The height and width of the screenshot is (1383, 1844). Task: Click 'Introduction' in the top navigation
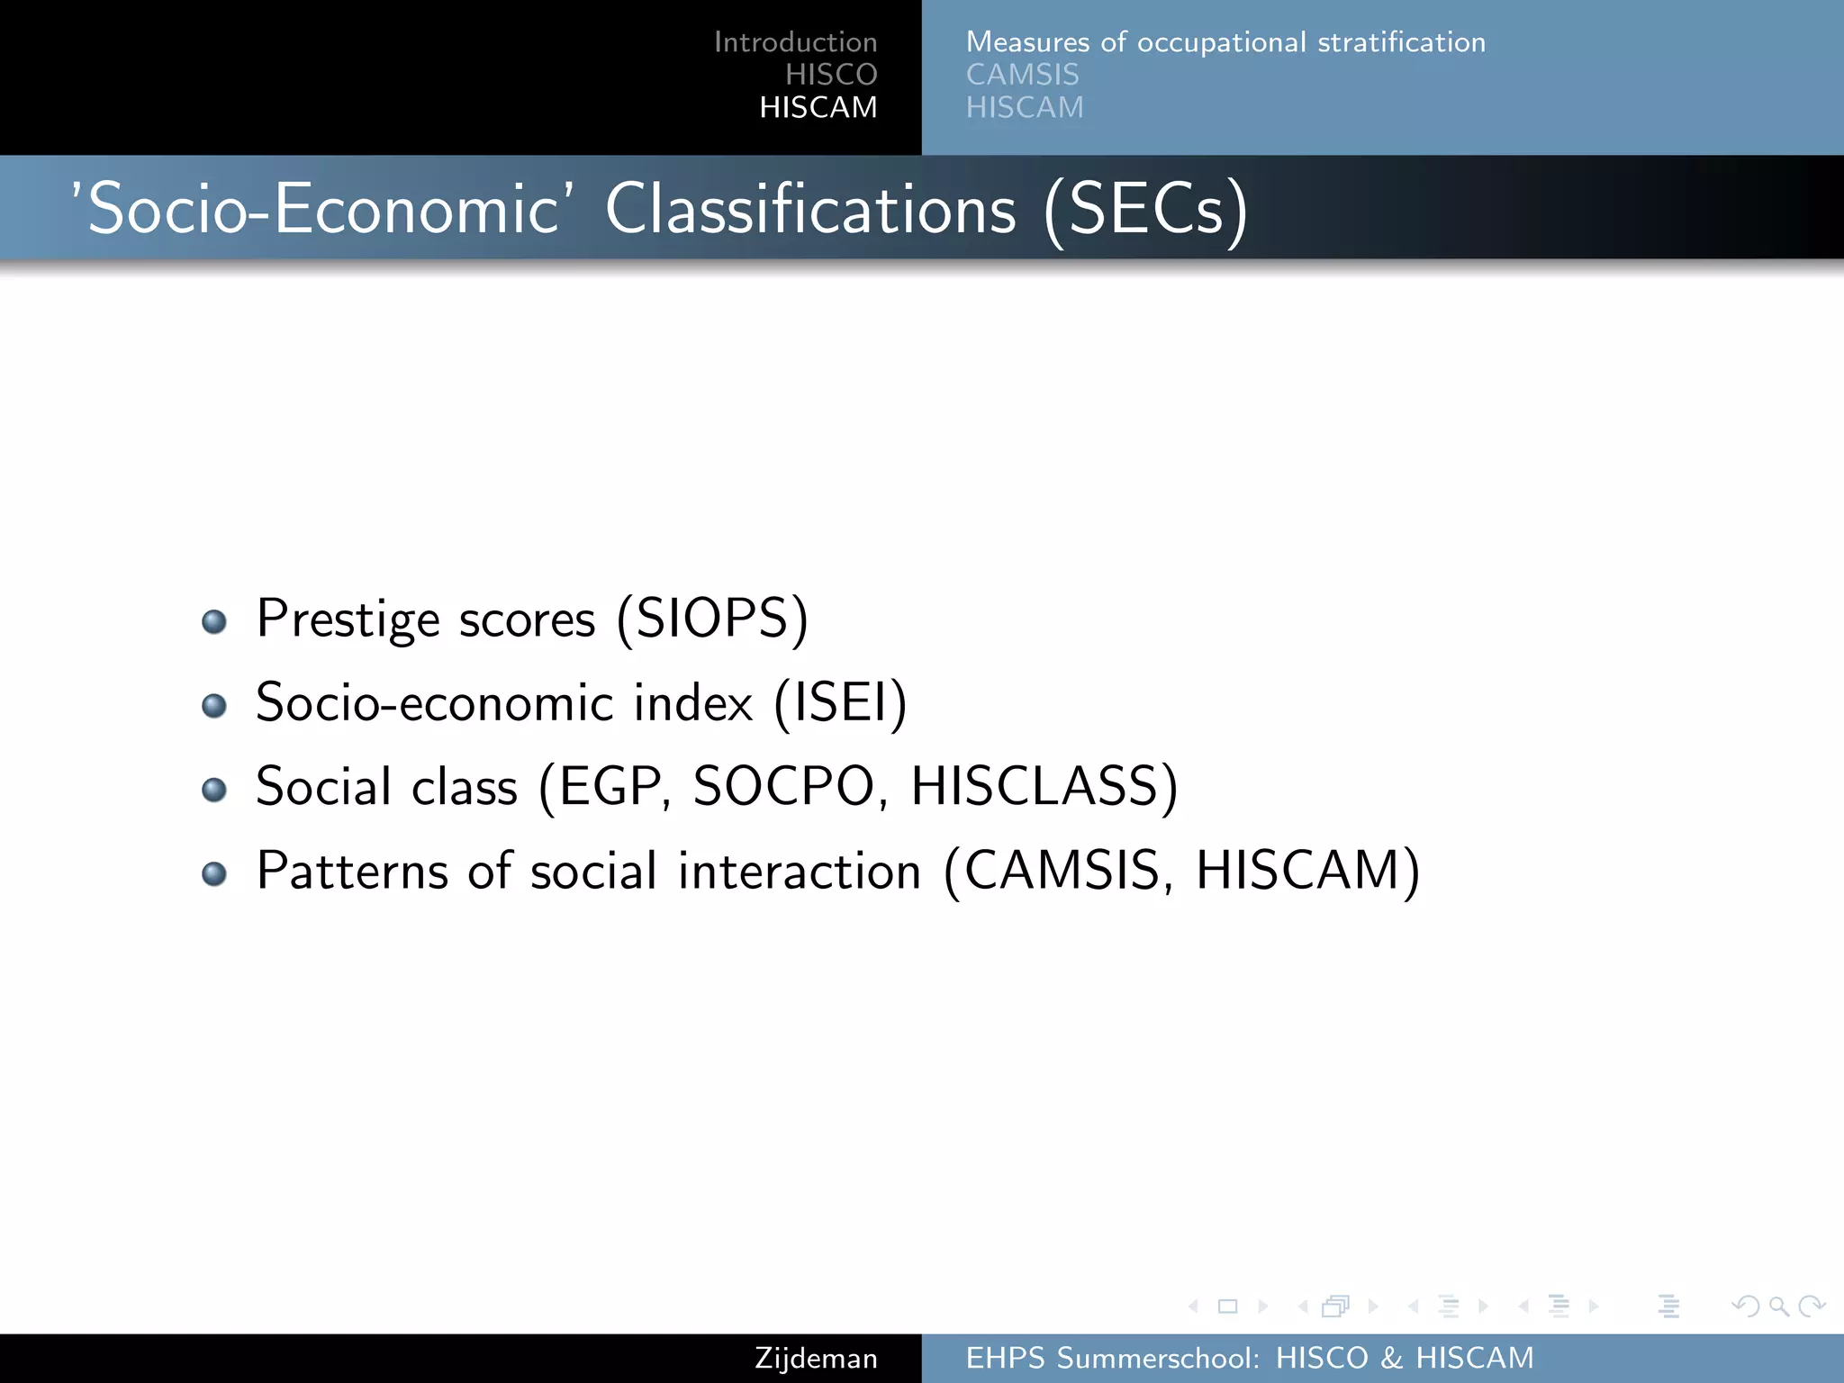point(795,42)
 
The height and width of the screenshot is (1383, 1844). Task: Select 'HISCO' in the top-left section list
point(830,75)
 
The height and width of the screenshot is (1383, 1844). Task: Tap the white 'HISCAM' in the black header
point(818,107)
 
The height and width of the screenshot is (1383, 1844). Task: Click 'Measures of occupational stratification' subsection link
point(1225,42)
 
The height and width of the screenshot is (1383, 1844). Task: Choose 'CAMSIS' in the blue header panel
point(1022,75)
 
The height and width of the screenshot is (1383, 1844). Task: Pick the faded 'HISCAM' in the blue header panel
point(1025,107)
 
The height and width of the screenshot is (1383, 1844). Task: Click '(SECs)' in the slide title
point(1146,210)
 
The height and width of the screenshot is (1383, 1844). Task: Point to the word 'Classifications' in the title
point(810,210)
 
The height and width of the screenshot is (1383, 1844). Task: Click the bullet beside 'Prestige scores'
point(214,621)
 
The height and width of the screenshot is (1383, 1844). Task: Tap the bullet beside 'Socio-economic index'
point(214,705)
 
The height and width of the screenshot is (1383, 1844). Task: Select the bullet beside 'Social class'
point(214,790)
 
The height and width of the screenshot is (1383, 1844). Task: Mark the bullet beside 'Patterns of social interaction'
point(214,873)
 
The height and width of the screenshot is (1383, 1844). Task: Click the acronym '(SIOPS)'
point(712,619)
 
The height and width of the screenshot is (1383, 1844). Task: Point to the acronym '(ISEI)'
point(840,703)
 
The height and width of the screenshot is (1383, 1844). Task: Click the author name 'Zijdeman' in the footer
point(816,1358)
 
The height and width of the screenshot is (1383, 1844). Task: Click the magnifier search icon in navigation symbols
point(1778,1306)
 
